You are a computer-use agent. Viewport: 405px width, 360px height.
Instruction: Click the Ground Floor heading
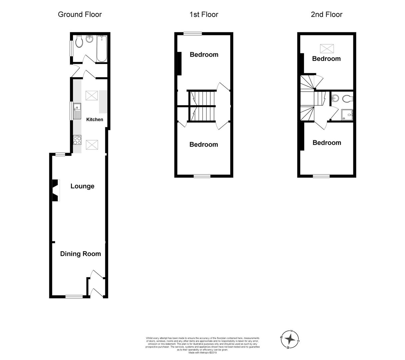(x=80, y=14)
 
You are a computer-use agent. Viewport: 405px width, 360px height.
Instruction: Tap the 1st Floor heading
(x=204, y=14)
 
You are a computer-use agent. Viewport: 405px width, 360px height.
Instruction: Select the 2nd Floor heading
(x=326, y=14)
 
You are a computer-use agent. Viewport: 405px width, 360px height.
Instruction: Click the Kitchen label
(x=95, y=119)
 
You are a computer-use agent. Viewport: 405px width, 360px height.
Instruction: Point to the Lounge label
(x=82, y=186)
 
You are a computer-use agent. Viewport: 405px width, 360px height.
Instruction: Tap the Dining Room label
(x=80, y=254)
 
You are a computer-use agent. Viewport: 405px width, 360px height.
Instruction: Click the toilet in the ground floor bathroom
(x=79, y=42)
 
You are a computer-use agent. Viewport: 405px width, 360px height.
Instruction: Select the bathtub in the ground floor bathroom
(x=102, y=49)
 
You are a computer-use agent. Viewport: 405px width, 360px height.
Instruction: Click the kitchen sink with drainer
(x=77, y=111)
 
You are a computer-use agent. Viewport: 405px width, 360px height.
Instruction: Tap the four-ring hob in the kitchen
(x=77, y=140)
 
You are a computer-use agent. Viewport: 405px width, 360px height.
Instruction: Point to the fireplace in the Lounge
(x=56, y=190)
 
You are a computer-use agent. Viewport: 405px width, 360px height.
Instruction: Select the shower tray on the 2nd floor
(x=347, y=115)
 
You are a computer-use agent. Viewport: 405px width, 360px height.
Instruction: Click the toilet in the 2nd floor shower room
(x=348, y=99)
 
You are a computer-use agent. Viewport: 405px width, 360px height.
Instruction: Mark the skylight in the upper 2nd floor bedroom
(x=327, y=49)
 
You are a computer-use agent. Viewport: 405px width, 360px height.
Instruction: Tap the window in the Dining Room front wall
(x=74, y=297)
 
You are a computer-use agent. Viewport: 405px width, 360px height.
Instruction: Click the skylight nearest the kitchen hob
(x=92, y=145)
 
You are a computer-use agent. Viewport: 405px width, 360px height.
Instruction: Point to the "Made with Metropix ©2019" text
(x=203, y=352)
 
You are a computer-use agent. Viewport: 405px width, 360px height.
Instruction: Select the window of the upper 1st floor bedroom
(x=193, y=34)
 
